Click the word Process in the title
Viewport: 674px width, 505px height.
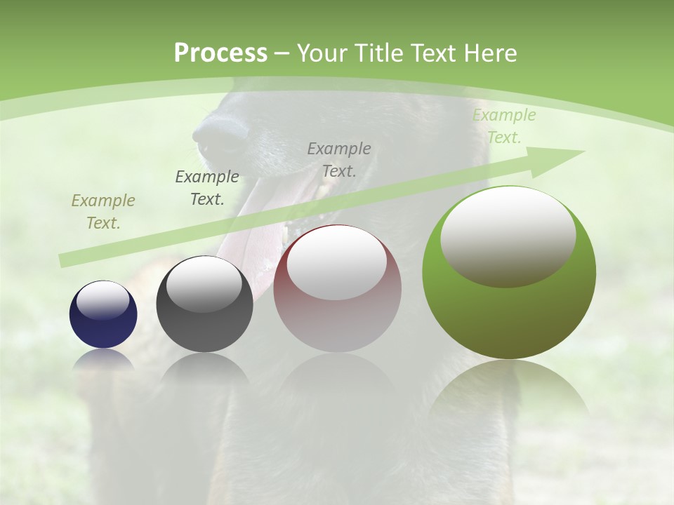220,53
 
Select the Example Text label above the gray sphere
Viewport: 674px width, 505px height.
206,188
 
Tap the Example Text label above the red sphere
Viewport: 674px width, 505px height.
339,160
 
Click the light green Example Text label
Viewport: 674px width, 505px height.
503,126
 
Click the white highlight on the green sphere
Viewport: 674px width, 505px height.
508,235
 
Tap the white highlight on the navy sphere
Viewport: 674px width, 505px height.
103,301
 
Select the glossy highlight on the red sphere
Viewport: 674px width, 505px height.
337,261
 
